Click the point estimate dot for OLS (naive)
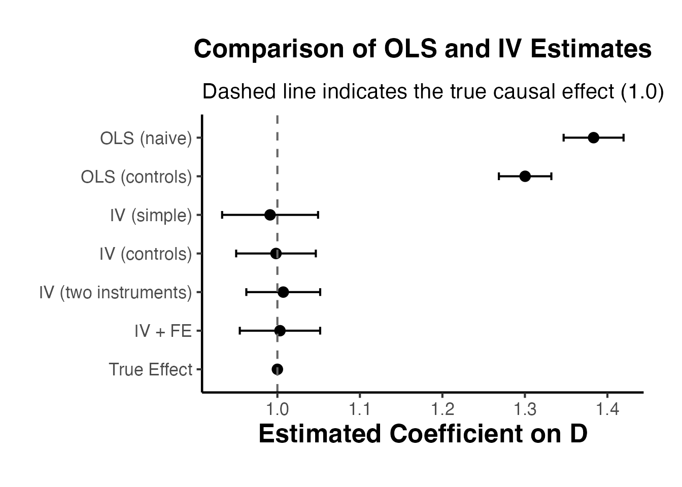click(x=593, y=137)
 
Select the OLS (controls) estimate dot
click(x=525, y=176)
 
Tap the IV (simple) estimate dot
click(x=270, y=215)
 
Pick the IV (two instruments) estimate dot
click(x=283, y=292)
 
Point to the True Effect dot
click(x=277, y=369)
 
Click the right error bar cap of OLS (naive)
click(x=623, y=137)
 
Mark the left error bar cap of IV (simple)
click(x=222, y=215)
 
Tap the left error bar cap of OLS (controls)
click(x=499, y=176)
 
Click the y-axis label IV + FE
click(x=163, y=331)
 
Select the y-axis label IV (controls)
click(x=146, y=254)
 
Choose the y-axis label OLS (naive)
click(x=146, y=138)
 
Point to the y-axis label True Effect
click(x=151, y=370)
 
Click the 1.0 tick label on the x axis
click(x=277, y=409)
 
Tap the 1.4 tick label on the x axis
click(x=607, y=409)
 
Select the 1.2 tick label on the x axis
click(x=442, y=409)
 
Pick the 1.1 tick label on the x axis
click(x=360, y=409)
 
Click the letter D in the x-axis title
click(x=578, y=434)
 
